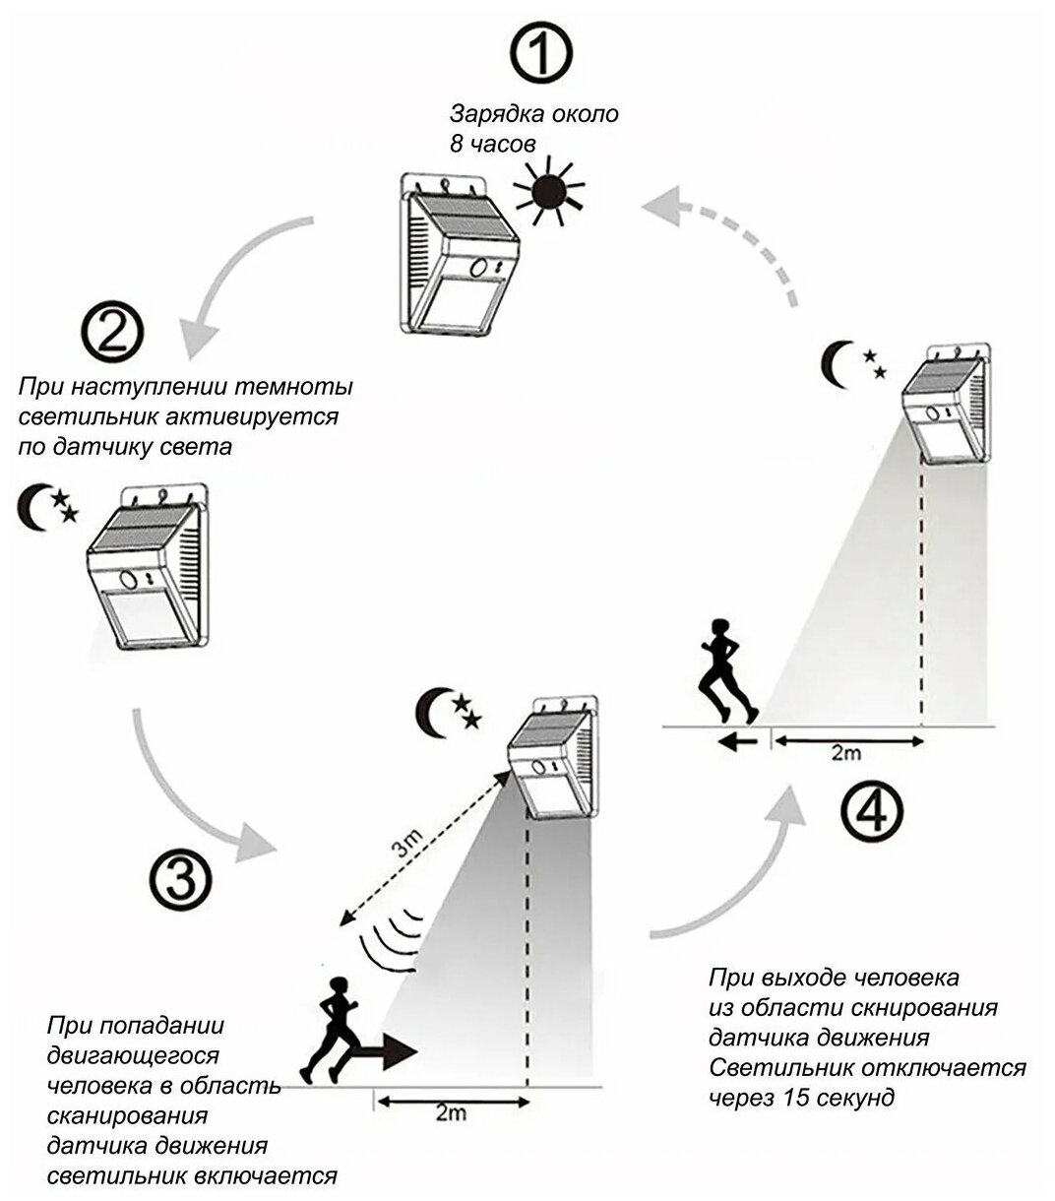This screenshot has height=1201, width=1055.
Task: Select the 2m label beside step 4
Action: click(x=844, y=753)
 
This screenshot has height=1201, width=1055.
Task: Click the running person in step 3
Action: click(x=331, y=1029)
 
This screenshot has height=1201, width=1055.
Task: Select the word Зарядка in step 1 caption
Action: click(x=492, y=113)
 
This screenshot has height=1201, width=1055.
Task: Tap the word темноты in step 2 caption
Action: click(x=301, y=387)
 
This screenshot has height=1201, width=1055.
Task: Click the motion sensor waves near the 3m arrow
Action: click(x=392, y=939)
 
